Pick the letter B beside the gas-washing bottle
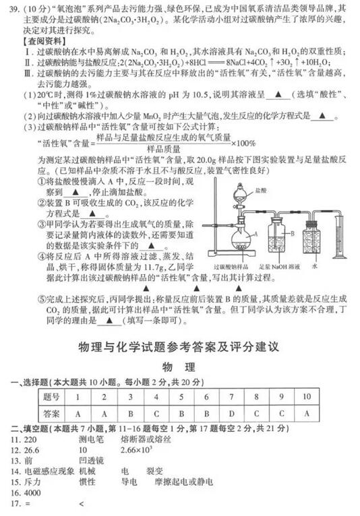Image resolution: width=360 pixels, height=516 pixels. (x=293, y=233)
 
